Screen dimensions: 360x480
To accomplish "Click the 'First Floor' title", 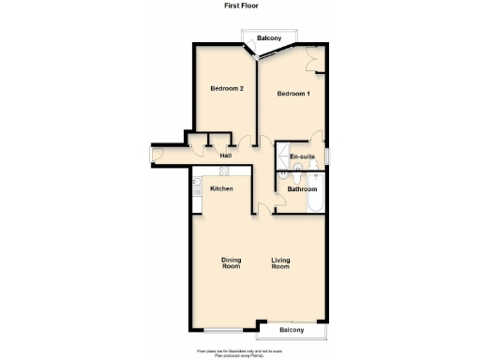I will click(239, 6).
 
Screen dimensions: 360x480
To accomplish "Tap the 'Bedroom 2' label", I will click(227, 89).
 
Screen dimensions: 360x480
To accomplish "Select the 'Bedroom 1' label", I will click(293, 94).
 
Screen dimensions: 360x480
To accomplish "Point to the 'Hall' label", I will click(226, 156).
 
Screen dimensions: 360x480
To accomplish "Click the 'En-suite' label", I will click(302, 156).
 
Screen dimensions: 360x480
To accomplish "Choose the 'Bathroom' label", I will click(302, 189).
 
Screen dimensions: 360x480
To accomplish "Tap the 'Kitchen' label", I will click(221, 189).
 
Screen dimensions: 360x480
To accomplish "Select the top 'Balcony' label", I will click(270, 37).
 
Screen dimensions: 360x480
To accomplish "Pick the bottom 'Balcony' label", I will click(292, 331).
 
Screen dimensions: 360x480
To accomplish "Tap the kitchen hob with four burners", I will click(224, 172).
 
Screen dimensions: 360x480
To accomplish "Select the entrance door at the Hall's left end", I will click(157, 155).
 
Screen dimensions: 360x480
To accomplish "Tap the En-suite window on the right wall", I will click(328, 155).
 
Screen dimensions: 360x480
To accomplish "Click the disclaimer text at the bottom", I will click(239, 353).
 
